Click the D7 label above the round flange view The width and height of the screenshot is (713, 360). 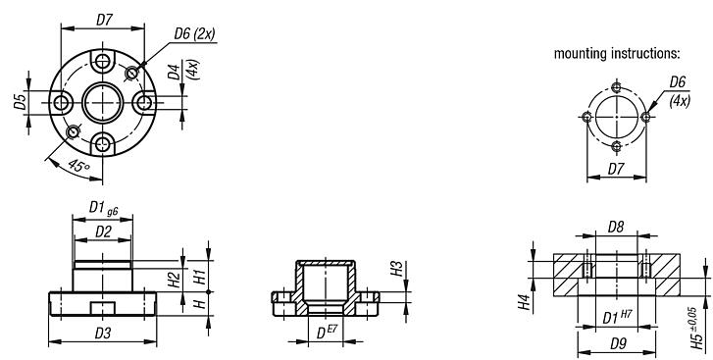coord(104,20)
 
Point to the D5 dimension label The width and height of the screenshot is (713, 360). coord(21,103)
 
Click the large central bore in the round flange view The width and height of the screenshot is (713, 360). coord(103,102)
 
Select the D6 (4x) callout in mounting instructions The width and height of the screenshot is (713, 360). coord(678,91)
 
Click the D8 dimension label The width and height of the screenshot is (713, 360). coord(615,229)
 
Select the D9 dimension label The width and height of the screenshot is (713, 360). coord(614,343)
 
